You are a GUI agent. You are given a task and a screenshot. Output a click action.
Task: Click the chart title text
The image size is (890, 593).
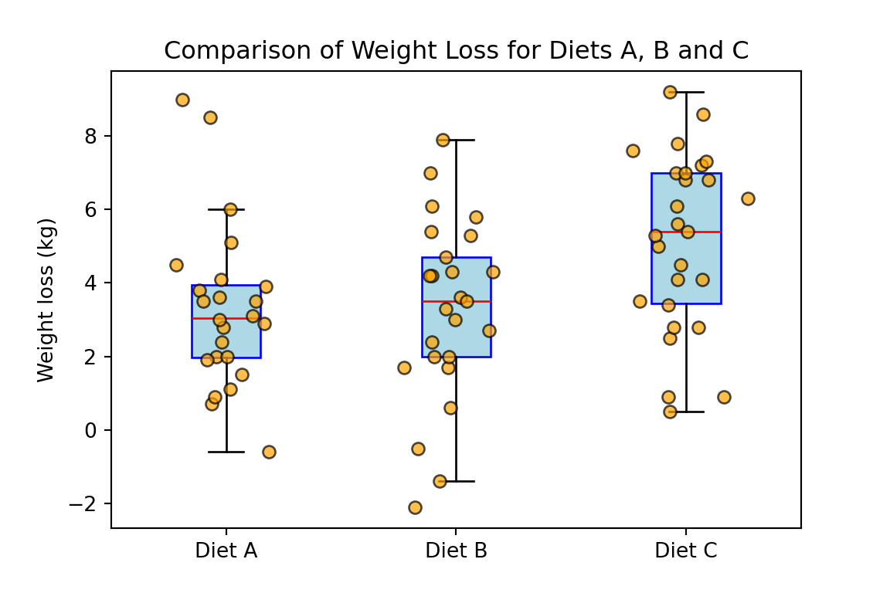456,51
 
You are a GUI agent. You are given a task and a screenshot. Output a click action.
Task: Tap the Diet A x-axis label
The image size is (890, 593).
226,551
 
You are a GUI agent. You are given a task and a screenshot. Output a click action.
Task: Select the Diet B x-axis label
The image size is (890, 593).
456,551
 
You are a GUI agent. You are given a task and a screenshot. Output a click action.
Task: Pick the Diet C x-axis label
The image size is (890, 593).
685,551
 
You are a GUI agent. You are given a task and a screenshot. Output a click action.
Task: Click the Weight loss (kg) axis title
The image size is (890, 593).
46,300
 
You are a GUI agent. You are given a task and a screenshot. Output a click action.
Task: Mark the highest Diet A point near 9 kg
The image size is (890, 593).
182,100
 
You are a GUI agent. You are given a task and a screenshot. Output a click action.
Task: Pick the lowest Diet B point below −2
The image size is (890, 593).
415,507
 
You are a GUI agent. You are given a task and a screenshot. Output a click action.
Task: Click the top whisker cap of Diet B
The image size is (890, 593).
456,140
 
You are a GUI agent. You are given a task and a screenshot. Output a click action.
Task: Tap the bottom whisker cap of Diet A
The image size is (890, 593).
226,452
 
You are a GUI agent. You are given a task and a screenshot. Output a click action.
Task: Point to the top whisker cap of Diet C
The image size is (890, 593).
686,92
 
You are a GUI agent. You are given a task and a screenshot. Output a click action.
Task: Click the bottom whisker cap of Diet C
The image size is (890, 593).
686,412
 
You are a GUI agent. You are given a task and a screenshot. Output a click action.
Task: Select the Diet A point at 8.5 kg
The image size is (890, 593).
210,117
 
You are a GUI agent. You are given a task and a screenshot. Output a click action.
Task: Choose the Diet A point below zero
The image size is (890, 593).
269,452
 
